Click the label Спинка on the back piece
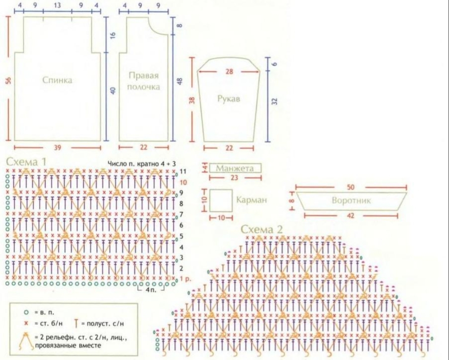57,80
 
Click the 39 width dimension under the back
57,148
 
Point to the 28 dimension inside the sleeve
229,72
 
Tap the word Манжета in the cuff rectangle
235,168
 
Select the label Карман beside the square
252,200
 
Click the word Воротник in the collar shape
351,200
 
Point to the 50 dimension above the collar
350,187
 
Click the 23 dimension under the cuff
235,178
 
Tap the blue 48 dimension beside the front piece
180,81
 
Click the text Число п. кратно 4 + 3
141,163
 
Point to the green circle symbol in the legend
26,311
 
